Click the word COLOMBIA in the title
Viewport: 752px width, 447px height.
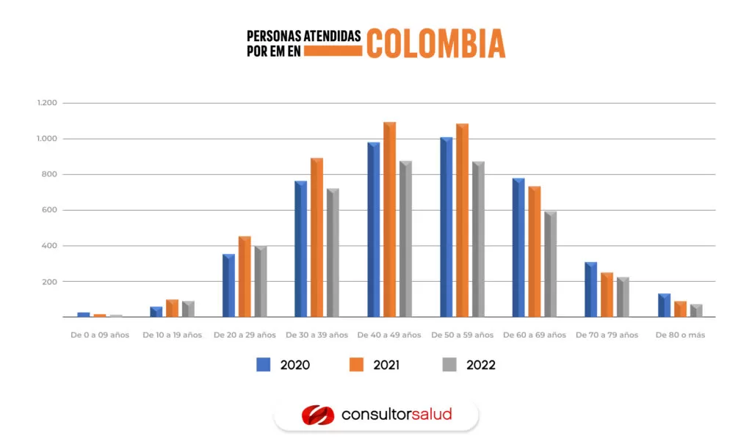tap(435, 43)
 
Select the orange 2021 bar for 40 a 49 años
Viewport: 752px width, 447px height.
tap(389, 220)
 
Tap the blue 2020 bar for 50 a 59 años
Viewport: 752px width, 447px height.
tap(446, 228)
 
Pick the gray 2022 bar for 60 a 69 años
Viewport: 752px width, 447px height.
tap(550, 264)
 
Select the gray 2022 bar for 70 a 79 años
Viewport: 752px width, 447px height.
tap(623, 297)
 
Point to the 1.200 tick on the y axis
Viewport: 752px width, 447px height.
tap(46, 103)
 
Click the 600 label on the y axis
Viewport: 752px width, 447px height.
tap(49, 210)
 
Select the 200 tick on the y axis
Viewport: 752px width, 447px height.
tap(49, 282)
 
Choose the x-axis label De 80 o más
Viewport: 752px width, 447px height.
tap(680, 335)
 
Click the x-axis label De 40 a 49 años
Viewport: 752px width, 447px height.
tap(389, 335)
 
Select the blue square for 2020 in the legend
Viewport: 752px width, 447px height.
tap(264, 365)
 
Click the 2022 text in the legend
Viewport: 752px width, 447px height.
tap(480, 365)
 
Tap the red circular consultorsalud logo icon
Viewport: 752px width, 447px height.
tap(317, 415)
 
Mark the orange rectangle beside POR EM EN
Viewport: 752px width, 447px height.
tap(333, 51)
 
